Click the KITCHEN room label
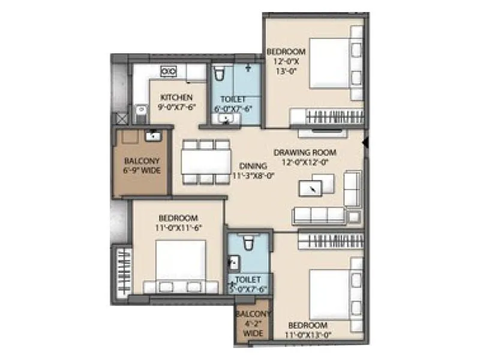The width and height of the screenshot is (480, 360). (x=176, y=97)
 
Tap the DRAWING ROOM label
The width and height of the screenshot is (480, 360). (x=305, y=152)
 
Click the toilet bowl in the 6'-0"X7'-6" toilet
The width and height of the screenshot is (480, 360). (x=220, y=74)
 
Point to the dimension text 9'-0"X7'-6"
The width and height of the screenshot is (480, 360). (x=176, y=108)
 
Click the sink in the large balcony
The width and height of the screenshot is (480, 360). (x=153, y=135)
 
